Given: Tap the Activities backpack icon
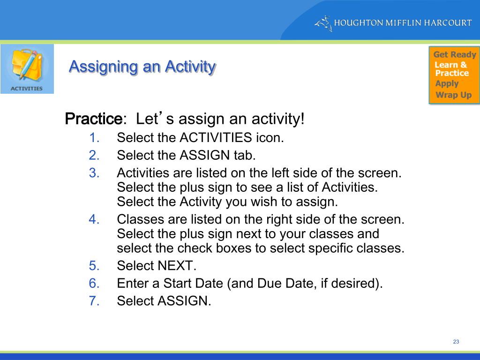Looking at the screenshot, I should click(x=27, y=68).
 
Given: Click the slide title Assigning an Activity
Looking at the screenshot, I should click(x=142, y=67).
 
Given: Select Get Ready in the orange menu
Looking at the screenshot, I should click(x=454, y=55).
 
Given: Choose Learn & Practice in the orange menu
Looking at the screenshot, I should click(x=451, y=69).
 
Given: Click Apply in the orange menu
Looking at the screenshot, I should click(x=447, y=84).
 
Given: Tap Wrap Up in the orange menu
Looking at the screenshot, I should click(x=453, y=95).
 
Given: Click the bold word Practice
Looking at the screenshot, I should click(x=93, y=119).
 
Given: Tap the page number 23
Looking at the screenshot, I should click(x=456, y=342).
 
